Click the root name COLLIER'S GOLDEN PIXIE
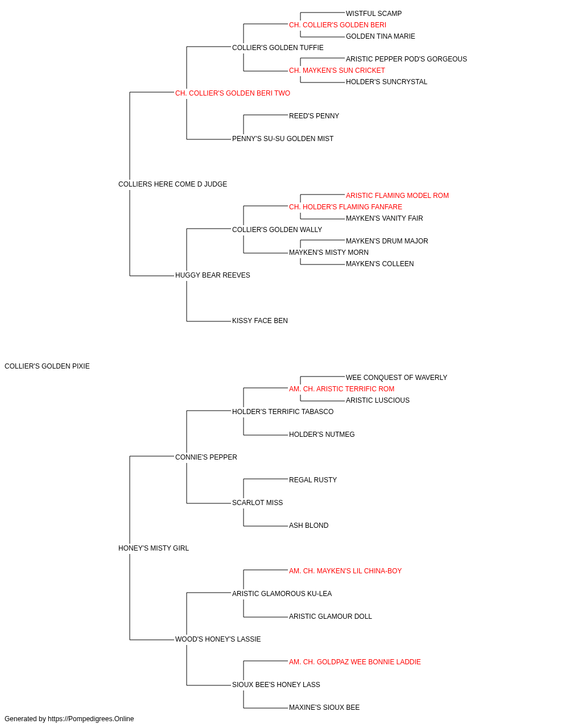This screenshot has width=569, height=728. pyautogui.click(x=47, y=366)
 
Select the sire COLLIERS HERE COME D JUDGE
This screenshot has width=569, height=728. pyautogui.click(x=172, y=184)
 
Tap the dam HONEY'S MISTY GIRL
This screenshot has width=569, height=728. pyautogui.click(x=154, y=548)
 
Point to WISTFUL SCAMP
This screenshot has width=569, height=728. pyautogui.click(x=374, y=14)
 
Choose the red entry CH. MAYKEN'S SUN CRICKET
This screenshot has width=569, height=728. pyautogui.click(x=337, y=71)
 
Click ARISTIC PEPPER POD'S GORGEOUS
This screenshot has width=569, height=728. pyautogui.click(x=406, y=59)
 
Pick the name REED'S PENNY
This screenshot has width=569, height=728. pyautogui.click(x=314, y=116)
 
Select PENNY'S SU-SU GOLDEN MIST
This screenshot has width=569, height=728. pyautogui.click(x=282, y=139)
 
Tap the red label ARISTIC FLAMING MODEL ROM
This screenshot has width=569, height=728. pyautogui.click(x=397, y=196)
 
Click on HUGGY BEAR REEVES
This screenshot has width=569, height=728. pyautogui.click(x=212, y=275)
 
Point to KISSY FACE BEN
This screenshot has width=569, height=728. pyautogui.click(x=259, y=321)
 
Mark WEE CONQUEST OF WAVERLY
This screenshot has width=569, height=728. pyautogui.click(x=397, y=378)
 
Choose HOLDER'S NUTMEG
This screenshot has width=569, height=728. pyautogui.click(x=321, y=435)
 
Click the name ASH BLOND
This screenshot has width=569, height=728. pyautogui.click(x=308, y=526)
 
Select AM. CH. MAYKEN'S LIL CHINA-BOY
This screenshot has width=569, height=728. pyautogui.click(x=345, y=571)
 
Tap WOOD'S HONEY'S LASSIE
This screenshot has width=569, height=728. pyautogui.click(x=218, y=639)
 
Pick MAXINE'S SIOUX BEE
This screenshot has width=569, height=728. pyautogui.click(x=324, y=708)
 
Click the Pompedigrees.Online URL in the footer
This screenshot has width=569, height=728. pyautogui.click(x=90, y=719)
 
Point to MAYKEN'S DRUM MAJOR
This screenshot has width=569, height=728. pyautogui.click(x=387, y=241)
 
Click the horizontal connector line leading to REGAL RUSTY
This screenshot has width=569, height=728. pyautogui.click(x=265, y=479)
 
